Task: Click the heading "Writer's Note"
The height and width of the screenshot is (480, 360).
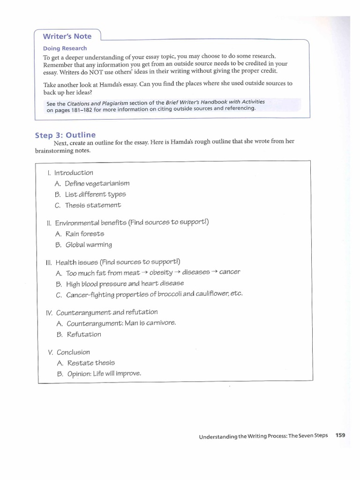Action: (x=67, y=37)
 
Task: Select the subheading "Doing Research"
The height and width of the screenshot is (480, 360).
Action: (x=65, y=48)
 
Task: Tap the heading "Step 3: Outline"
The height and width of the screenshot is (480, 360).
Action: (x=65, y=135)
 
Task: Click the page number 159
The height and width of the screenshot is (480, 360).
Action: (x=340, y=435)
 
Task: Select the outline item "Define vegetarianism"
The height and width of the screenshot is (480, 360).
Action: (x=97, y=183)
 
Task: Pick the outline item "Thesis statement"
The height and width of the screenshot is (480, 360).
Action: (x=93, y=205)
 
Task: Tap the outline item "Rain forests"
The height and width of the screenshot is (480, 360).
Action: (x=85, y=233)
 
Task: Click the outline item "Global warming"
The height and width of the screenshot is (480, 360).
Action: (x=89, y=244)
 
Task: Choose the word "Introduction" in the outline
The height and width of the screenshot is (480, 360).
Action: (x=74, y=172)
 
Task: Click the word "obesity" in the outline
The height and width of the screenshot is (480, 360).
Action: (x=161, y=272)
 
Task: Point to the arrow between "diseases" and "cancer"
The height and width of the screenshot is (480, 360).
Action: (x=214, y=272)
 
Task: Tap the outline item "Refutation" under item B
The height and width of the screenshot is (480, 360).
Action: (x=84, y=334)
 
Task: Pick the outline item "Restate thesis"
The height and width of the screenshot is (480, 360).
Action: (x=91, y=363)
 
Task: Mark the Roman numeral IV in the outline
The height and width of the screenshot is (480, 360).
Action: (x=49, y=312)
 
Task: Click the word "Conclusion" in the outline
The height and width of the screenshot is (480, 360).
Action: (x=73, y=352)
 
